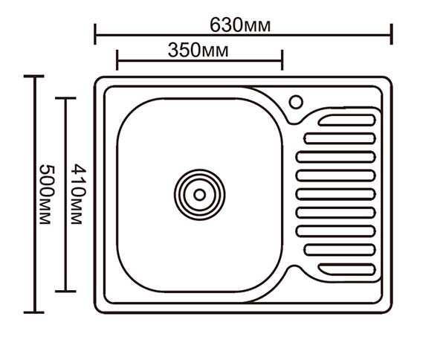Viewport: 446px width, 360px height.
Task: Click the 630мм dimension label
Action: pyautogui.click(x=240, y=25)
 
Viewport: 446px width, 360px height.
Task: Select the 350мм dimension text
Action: pyautogui.click(x=198, y=51)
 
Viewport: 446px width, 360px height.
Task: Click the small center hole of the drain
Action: pyautogui.click(x=199, y=195)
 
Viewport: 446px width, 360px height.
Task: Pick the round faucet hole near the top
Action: pyautogui.click(x=296, y=102)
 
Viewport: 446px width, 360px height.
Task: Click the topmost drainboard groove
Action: pyautogui.click(x=347, y=120)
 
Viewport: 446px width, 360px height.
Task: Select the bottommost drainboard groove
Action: pyautogui.click(x=347, y=269)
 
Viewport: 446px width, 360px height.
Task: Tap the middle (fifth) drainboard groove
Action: pyautogui.click(x=336, y=194)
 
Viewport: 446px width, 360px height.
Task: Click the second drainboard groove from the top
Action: pyautogui.click(x=340, y=138)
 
